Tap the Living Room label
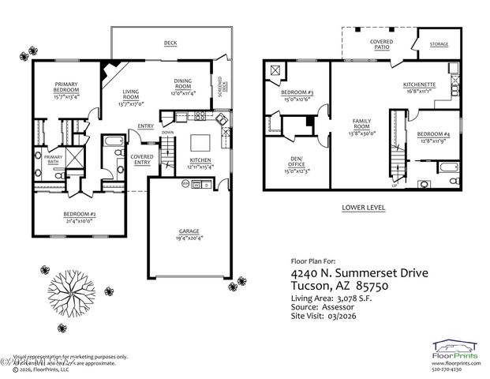click(132, 96)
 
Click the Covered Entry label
click(142, 159)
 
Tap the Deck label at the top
click(170, 43)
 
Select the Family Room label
click(361, 124)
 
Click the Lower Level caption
click(363, 208)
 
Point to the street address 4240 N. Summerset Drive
click(360, 273)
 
